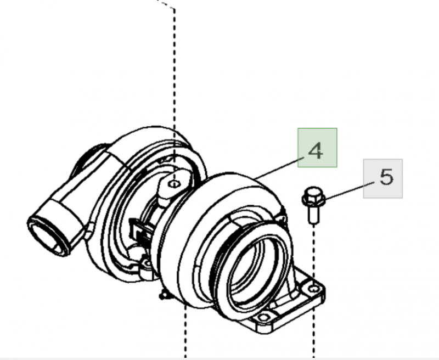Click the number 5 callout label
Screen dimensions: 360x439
pyautogui.click(x=386, y=177)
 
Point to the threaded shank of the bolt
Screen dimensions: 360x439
pyautogui.click(x=312, y=213)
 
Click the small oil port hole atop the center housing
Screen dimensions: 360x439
pyautogui.click(x=173, y=183)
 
